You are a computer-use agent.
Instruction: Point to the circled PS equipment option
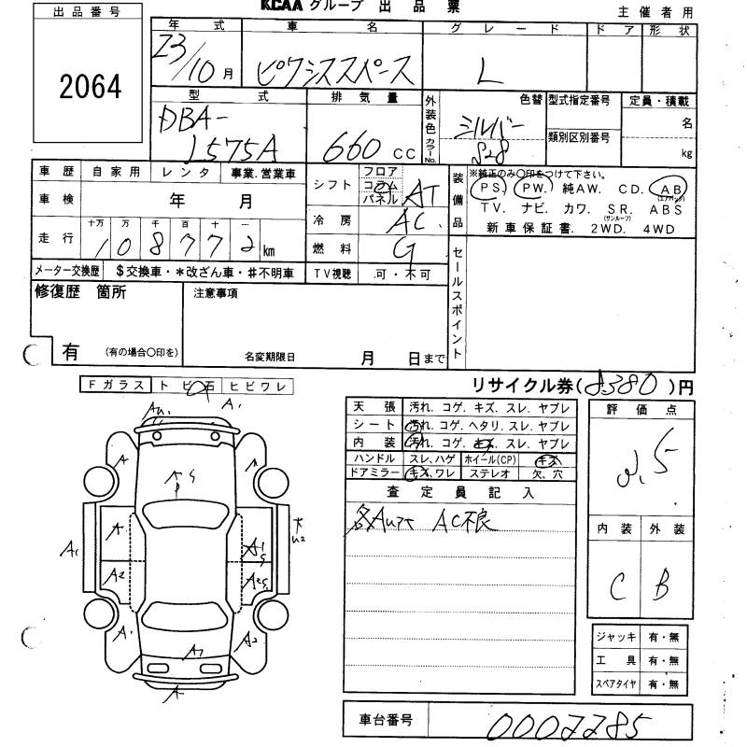click(486, 189)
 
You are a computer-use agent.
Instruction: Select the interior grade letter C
click(617, 585)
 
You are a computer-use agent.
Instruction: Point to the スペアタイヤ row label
click(616, 684)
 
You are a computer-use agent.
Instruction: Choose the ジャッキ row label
click(616, 638)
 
